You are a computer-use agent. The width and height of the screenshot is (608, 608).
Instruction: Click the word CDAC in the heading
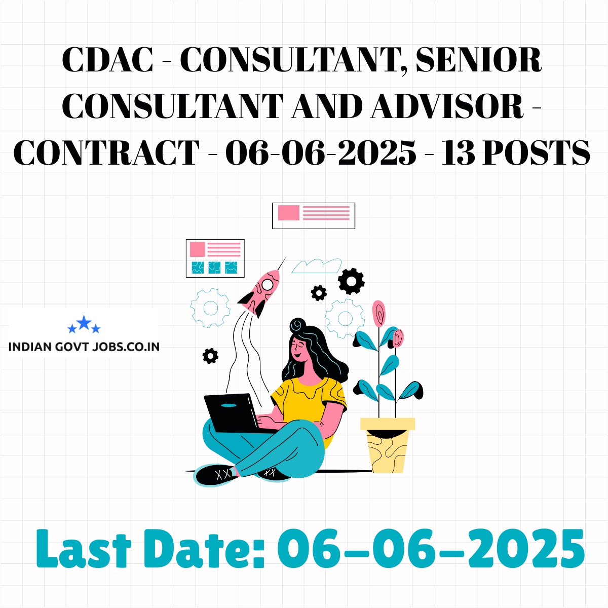pyautogui.click(x=107, y=60)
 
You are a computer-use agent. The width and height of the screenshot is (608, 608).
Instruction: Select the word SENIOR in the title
pyautogui.click(x=479, y=60)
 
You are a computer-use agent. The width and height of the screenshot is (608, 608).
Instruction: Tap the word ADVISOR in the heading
pyautogui.click(x=447, y=106)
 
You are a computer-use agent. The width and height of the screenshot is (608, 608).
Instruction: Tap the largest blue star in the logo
pyautogui.click(x=84, y=322)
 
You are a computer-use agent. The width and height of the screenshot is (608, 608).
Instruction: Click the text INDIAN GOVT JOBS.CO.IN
pyautogui.click(x=84, y=347)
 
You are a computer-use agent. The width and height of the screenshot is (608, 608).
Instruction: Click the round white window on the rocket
pyautogui.click(x=267, y=284)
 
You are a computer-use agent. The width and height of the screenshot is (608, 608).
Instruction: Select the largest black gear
pyautogui.click(x=351, y=281)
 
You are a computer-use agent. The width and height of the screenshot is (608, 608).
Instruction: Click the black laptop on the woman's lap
pyautogui.click(x=235, y=413)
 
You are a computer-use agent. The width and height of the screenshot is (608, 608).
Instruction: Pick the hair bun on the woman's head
pyautogui.click(x=297, y=326)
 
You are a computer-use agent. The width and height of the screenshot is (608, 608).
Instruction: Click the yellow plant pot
pyautogui.click(x=388, y=445)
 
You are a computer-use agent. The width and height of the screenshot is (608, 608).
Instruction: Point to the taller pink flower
pyautogui.click(x=378, y=313)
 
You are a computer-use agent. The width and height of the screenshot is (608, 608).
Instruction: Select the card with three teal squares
pyautogui.click(x=215, y=258)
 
